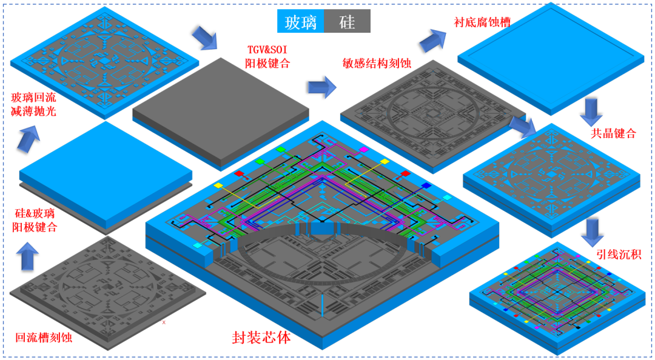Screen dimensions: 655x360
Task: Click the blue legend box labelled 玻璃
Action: pos(301,21)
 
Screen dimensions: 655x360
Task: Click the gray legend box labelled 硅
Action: pos(347,21)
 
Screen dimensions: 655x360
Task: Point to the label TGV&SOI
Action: pos(266,50)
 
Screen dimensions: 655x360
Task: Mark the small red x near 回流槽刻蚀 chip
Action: pos(164,322)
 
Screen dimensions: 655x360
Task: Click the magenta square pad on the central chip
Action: pos(363,149)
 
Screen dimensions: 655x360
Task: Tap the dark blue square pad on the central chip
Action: pos(426,185)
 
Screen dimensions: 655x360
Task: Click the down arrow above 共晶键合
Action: pos(593,112)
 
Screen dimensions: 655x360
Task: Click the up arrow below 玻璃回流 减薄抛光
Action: pos(30,138)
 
